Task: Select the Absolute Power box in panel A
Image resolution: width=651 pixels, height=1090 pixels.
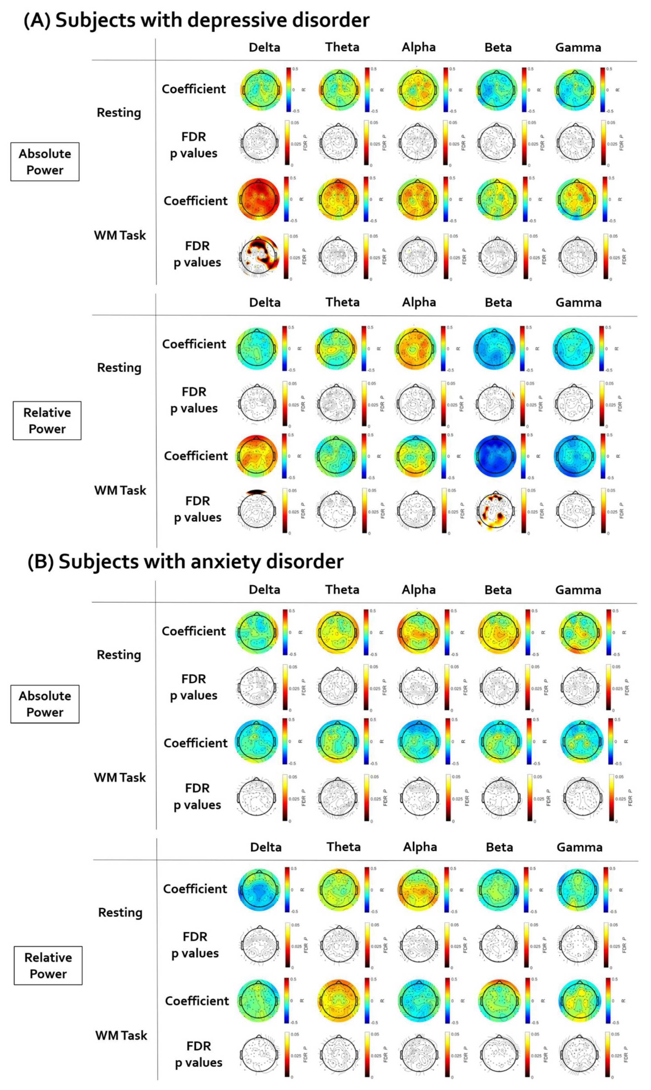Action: point(45,162)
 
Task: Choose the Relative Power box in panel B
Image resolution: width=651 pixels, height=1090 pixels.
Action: point(48,966)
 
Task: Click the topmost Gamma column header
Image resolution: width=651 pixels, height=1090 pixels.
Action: point(578,47)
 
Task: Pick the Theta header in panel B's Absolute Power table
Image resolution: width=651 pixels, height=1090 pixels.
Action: point(342,589)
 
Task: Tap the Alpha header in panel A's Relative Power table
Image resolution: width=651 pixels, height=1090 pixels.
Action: point(419,302)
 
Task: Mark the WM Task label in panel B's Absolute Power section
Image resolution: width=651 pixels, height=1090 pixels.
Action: point(120,777)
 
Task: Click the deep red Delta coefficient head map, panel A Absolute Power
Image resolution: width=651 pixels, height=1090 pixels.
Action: point(259,199)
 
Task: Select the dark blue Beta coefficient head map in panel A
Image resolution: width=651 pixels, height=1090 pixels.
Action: point(495,456)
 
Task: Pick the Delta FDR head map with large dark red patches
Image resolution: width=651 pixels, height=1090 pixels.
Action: point(259,256)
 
